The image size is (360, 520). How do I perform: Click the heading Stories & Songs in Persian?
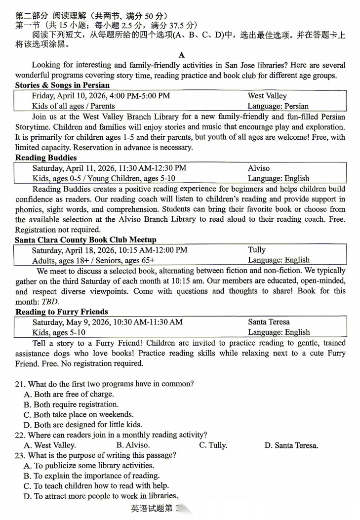click(x=62, y=85)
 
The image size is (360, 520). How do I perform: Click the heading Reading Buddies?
click(x=46, y=158)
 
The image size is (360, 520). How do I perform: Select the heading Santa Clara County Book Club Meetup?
click(x=85, y=240)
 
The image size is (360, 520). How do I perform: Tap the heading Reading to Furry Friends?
click(x=62, y=312)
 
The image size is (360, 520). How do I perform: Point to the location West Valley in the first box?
click(x=267, y=96)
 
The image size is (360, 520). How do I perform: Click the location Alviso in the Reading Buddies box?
click(x=259, y=168)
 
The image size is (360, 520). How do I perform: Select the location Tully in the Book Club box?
click(x=257, y=250)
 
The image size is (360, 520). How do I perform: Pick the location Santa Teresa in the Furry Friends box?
click(x=269, y=322)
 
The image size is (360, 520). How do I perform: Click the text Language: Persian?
click(x=278, y=106)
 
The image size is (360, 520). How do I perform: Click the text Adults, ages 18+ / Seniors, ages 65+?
click(x=93, y=260)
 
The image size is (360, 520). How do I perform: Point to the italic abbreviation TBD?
click(x=49, y=302)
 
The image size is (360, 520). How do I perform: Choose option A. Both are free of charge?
click(x=69, y=394)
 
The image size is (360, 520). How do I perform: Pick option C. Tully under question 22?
click(x=213, y=445)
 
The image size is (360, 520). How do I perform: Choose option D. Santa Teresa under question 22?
click(x=291, y=445)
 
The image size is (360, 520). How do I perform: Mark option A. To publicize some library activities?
click(x=89, y=466)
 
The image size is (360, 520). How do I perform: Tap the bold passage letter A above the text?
click(x=181, y=55)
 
